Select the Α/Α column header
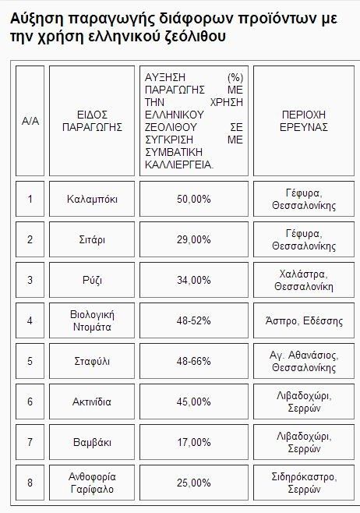coord(30,120)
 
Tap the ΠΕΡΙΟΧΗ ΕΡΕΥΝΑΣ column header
coord(303,120)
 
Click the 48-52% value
coord(194,320)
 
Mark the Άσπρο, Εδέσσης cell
coord(303,320)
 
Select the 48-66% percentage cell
coord(194,361)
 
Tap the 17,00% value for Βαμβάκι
coord(194,442)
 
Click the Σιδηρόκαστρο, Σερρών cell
coord(303,483)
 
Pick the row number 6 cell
coord(30,402)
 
